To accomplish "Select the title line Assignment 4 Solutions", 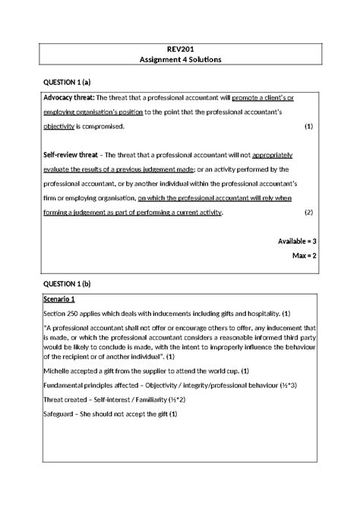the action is click(179, 61).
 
